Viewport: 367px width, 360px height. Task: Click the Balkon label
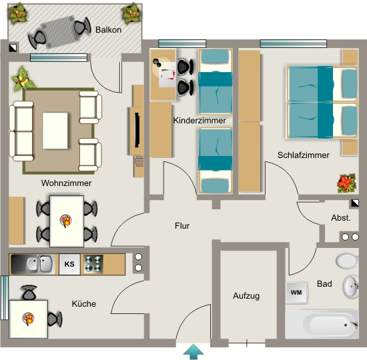108,30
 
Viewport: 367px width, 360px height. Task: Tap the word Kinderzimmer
200,121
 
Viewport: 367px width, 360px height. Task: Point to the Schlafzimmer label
304,155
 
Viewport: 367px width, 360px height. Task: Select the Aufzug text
246,296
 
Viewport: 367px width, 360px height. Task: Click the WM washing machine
296,293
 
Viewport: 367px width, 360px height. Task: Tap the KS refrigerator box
69,264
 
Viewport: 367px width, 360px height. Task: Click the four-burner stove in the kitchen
93,264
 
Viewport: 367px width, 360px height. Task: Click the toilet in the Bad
348,261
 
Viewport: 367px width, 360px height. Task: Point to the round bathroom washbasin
351,287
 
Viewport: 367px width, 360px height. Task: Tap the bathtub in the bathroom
322,325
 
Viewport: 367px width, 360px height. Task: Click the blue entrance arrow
194,351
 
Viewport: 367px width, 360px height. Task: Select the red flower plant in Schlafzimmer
346,183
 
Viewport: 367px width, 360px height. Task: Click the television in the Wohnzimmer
137,130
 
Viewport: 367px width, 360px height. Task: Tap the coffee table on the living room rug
55,131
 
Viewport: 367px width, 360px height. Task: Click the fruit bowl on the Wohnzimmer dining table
66,221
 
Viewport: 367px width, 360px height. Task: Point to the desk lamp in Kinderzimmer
157,63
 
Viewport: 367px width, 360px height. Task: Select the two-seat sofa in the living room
21,131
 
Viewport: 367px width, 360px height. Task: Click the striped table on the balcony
60,32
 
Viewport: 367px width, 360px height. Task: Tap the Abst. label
341,218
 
